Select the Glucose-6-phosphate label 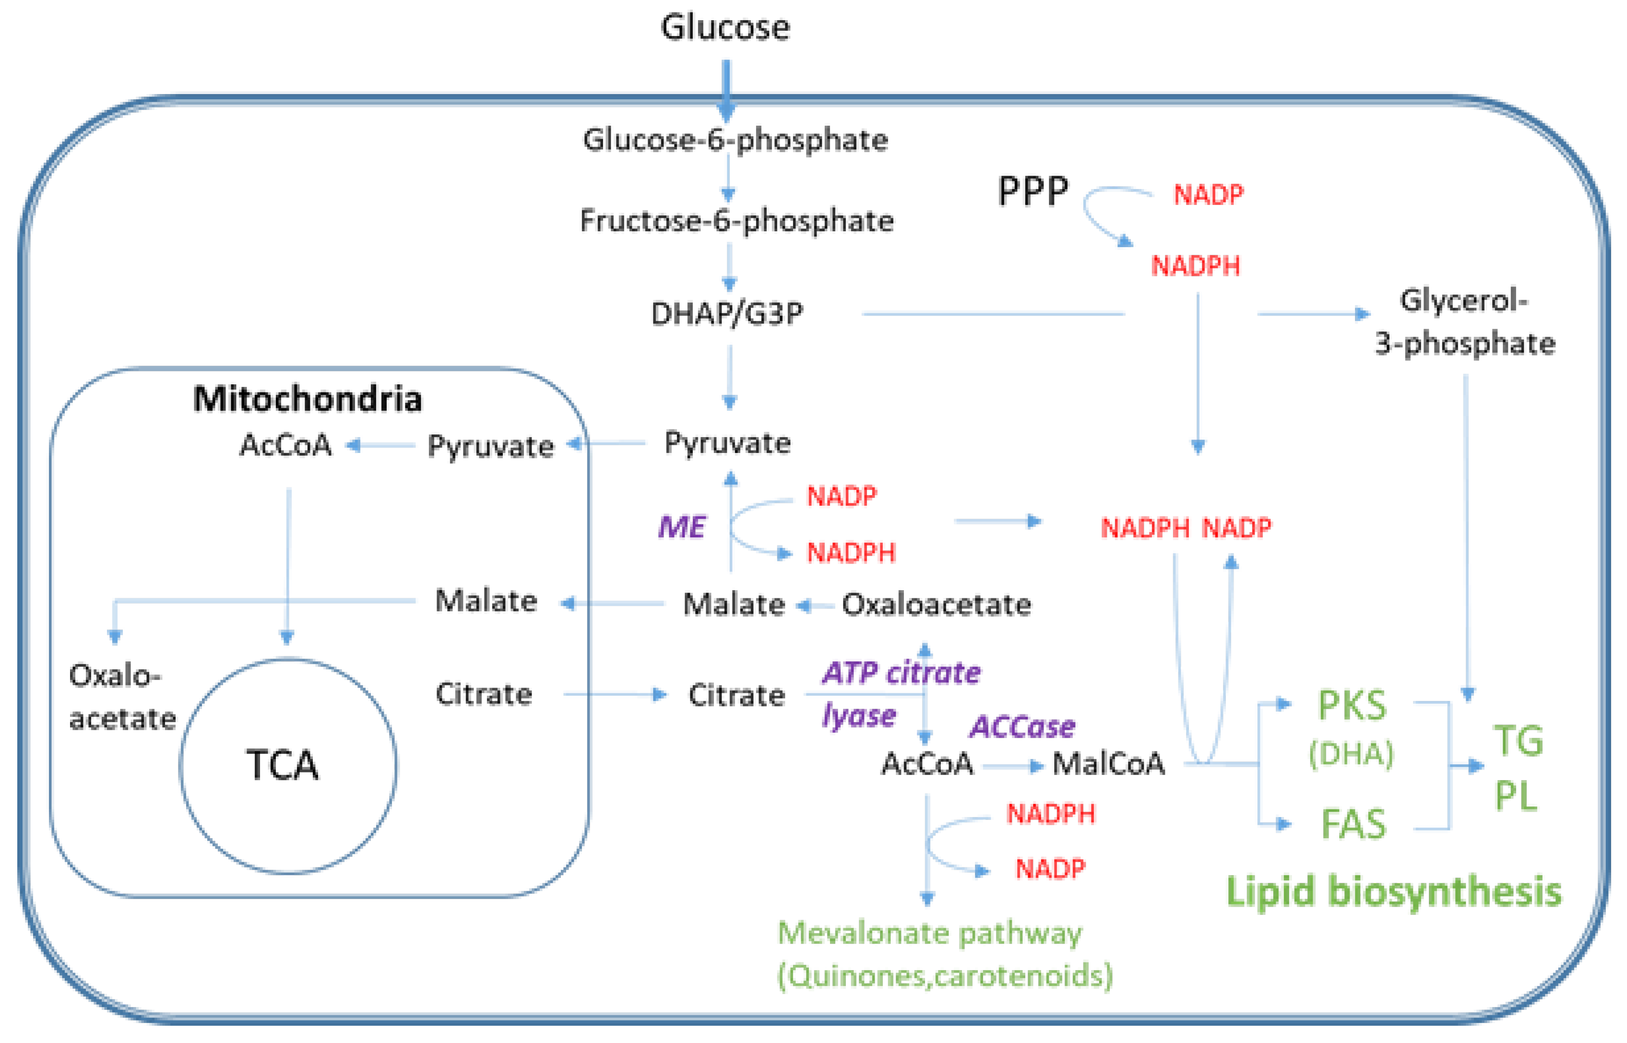(735, 140)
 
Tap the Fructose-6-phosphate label (736, 221)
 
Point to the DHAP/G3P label (727, 314)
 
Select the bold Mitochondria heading (308, 398)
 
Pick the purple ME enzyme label (681, 526)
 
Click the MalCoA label (1108, 764)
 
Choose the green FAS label (1354, 824)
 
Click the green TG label (1519, 740)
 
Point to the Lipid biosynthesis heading (1394, 891)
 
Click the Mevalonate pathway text (929, 933)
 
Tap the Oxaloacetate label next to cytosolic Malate (936, 604)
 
